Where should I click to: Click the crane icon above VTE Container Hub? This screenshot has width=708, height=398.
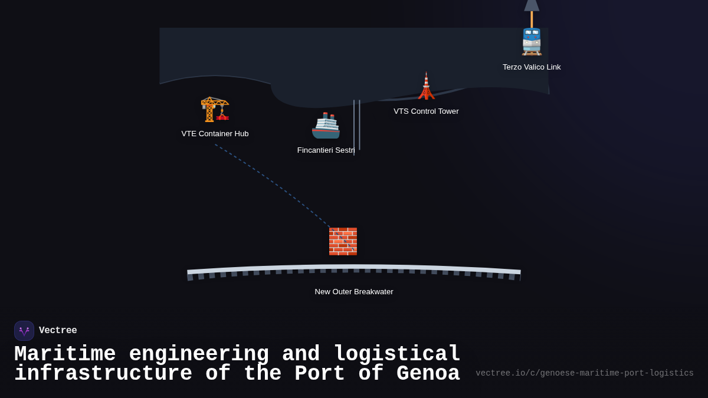[214, 109]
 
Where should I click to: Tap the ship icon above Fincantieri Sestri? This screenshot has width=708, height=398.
[326, 126]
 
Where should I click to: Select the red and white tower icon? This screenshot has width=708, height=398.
[426, 86]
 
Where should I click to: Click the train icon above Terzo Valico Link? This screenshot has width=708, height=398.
[532, 41]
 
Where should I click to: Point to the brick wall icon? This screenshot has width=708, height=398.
[343, 241]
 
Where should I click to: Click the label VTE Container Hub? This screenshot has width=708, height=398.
[215, 134]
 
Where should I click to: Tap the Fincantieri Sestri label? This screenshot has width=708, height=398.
[326, 150]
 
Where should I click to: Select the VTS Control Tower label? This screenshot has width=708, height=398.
[426, 111]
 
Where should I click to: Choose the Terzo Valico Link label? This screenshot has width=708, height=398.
[532, 67]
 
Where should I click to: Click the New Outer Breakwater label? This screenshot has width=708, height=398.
[354, 292]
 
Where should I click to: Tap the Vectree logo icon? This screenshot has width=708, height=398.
[24, 331]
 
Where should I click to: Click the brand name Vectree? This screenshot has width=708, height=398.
[58, 331]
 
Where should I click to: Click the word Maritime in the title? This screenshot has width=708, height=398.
[65, 354]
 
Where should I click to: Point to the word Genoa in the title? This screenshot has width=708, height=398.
[428, 374]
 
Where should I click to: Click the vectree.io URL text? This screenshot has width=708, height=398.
[584, 373]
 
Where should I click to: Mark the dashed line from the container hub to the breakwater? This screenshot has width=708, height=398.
[271, 185]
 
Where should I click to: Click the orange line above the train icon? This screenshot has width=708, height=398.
[532, 19]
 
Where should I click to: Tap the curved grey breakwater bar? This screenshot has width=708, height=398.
[354, 268]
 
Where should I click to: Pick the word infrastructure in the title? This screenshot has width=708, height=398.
[103, 374]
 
